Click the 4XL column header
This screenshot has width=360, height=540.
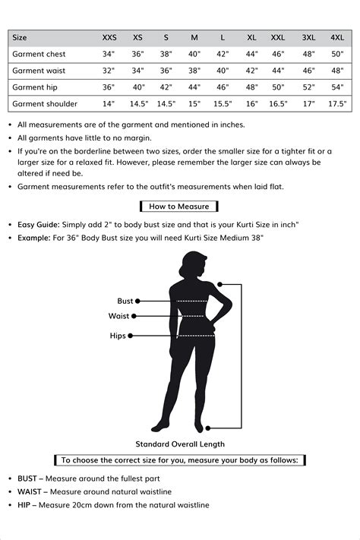pos(337,37)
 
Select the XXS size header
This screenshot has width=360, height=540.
pos(109,37)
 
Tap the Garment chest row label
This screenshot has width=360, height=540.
pos(39,54)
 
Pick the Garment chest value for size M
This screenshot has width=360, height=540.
pos(194,54)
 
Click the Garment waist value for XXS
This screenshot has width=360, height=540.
pos(109,70)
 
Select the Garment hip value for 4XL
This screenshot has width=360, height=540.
pos(337,87)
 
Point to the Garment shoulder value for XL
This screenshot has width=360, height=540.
pos(252,103)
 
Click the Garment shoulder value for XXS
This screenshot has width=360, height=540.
pos(109,103)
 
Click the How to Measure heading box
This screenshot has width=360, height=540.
pos(179,206)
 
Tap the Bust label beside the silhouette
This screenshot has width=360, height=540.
pos(125,301)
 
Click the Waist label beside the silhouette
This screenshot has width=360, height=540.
pos(119,316)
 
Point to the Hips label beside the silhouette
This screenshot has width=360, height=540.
pos(118,335)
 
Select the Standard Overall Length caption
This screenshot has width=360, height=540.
pos(180,444)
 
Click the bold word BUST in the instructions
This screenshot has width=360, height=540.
pos(30,478)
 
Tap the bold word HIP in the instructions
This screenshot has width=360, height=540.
pos(25,505)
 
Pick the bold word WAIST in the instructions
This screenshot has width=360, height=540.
pos(30,491)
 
